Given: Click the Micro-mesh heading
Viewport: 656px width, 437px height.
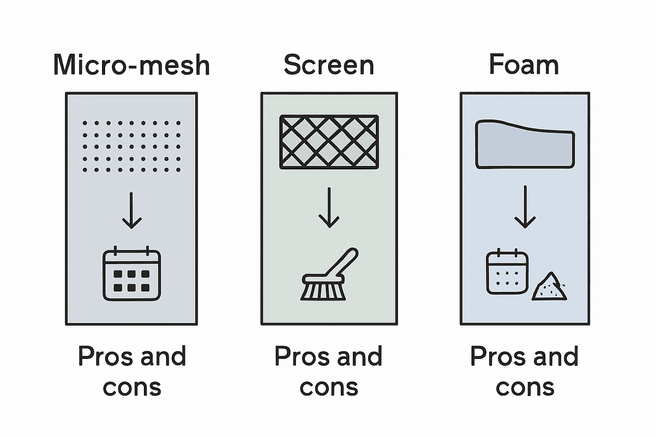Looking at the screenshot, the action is click(132, 65).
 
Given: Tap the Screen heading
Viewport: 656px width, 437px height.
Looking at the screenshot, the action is click(329, 65).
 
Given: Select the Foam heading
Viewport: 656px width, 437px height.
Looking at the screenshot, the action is click(524, 64).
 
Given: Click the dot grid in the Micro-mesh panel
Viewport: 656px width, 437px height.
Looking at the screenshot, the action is click(132, 146).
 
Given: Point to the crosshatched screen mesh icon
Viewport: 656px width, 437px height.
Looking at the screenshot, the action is click(329, 142).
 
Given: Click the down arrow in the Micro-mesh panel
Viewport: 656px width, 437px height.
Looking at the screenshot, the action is click(132, 210).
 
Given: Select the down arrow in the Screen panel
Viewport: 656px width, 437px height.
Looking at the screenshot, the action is click(329, 207).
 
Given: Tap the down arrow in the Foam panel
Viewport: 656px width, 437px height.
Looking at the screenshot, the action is click(525, 207).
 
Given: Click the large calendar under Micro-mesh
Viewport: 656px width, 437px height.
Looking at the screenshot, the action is click(132, 274).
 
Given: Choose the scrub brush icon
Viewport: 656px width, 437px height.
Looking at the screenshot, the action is click(329, 274).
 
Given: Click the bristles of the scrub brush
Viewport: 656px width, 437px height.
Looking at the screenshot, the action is click(323, 291).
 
